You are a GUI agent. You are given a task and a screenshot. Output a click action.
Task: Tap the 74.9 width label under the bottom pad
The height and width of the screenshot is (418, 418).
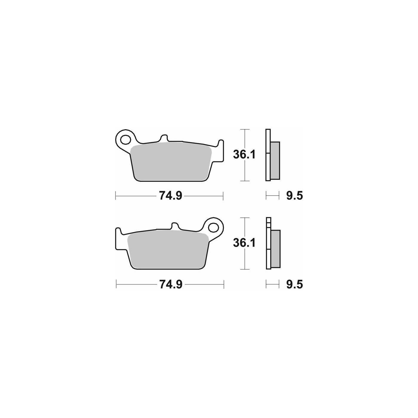171,284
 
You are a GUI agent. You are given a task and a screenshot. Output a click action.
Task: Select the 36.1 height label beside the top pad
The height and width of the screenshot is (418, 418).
245,155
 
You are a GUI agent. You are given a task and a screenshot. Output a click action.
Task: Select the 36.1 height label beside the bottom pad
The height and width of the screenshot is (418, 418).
245,243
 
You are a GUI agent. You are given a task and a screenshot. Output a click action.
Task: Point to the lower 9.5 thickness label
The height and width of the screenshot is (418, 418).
294,284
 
